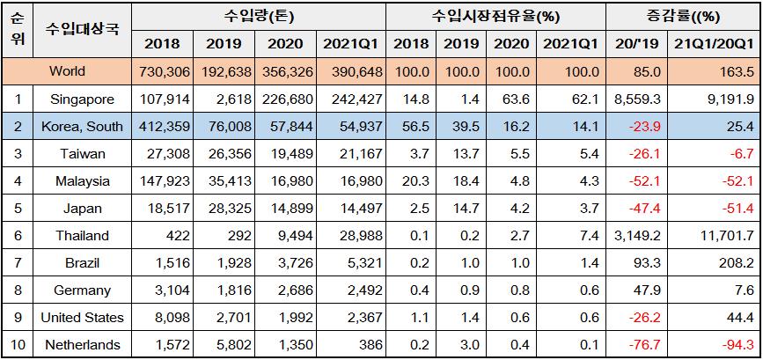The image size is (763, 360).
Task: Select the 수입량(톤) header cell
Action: [x=260, y=17]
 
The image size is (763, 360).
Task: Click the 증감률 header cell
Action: [x=683, y=17]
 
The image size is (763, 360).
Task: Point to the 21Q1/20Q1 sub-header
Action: [x=713, y=44]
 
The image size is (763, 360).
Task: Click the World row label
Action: [x=68, y=71]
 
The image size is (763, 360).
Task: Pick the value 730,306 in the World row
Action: [x=161, y=71]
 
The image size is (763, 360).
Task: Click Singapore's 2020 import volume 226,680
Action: [x=287, y=99]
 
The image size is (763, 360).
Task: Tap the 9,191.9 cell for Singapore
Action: [x=728, y=99]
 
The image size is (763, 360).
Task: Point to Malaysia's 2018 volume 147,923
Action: [x=161, y=181]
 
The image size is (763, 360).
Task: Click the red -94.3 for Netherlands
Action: [x=736, y=345]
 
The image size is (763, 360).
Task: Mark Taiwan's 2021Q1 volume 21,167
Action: [x=357, y=154]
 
